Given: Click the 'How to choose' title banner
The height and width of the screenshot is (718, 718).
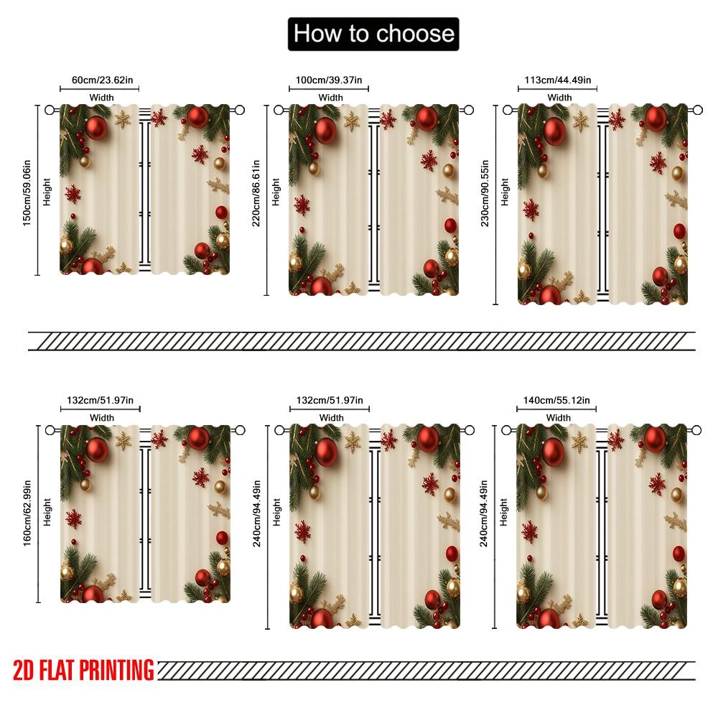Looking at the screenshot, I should tap(373, 34).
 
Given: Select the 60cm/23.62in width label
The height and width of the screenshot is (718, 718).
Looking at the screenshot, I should tap(100, 80).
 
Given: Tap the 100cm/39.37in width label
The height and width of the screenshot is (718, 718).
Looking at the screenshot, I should tap(330, 80).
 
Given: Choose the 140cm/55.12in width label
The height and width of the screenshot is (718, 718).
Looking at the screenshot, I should tap(557, 401).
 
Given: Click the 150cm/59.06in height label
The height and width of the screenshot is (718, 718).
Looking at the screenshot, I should tap(27, 190).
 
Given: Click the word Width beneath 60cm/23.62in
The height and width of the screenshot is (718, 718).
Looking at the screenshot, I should tap(101, 98).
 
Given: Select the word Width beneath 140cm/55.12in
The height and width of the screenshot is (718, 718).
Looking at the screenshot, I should tap(559, 418).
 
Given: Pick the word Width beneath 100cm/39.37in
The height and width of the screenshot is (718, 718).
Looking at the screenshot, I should tap(331, 98).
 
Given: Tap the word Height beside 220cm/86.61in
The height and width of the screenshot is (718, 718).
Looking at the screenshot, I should tap(277, 192).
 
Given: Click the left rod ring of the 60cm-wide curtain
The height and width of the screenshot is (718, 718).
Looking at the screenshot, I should tap(50, 110).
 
